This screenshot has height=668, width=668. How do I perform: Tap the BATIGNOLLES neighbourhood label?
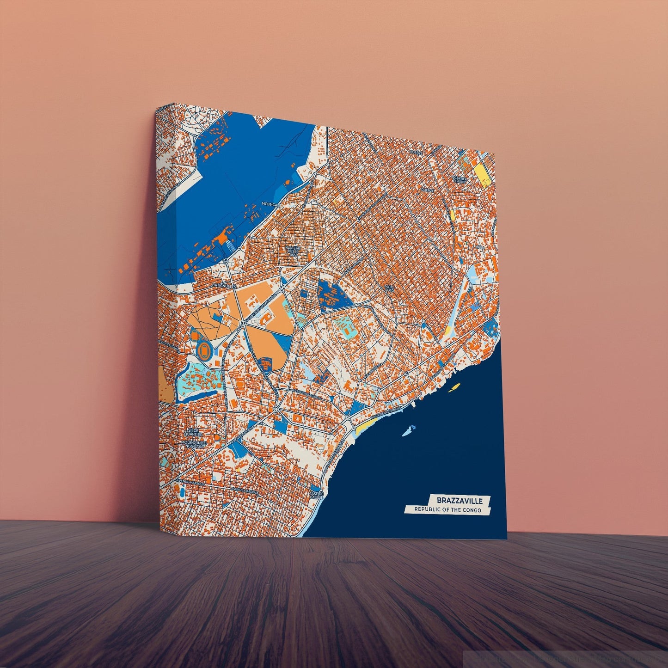tap(224, 286)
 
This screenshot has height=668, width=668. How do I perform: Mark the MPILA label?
tap(480, 247)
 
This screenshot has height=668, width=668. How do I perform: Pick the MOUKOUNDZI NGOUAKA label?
tap(193, 444)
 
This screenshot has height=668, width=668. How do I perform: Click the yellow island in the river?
tap(454, 387)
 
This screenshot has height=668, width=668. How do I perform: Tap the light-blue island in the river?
tap(407, 432)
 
